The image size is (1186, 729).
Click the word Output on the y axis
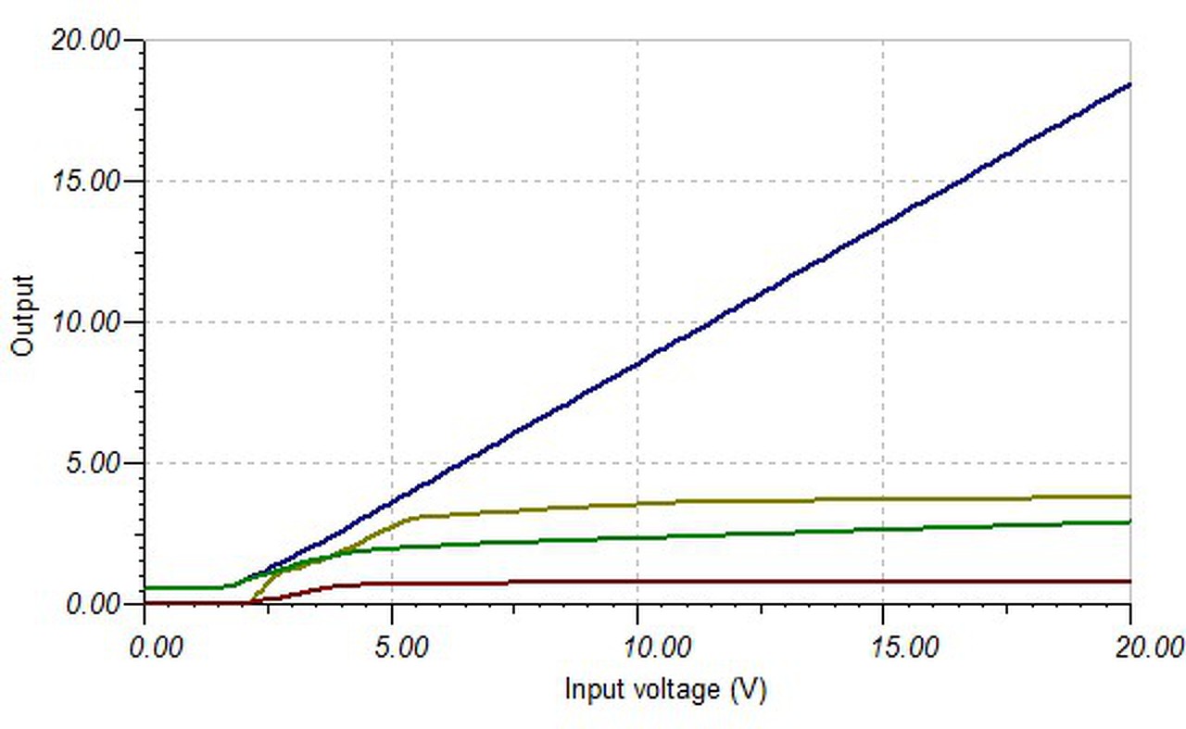point(22,316)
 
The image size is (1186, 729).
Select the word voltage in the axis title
point(673,689)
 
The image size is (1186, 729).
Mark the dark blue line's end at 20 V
point(1129,84)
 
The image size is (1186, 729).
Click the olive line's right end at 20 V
point(1129,496)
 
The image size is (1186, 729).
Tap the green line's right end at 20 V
point(1129,522)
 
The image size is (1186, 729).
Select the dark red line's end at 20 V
point(1129,581)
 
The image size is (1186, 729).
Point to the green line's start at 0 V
point(146,587)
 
